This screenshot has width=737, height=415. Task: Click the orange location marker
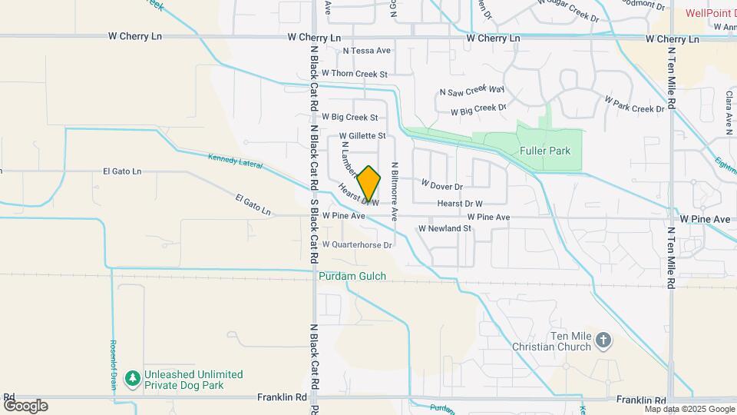pos(369,184)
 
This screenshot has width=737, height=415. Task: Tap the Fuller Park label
pos(544,151)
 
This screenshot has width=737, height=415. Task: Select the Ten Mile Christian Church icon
pos(604,340)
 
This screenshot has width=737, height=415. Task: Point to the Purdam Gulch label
pos(352,276)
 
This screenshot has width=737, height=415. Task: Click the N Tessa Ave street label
pos(367,51)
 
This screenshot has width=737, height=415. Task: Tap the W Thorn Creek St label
pos(355,74)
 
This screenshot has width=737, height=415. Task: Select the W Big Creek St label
pos(350,118)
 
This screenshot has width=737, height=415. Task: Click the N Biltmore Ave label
pos(395,191)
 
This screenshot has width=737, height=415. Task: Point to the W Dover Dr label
pos(442,186)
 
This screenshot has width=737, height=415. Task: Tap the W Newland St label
pos(444,229)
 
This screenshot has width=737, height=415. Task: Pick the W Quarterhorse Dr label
pos(357,245)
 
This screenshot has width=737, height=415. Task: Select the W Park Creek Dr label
pos(633,105)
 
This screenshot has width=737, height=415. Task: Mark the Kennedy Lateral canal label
pos(235,161)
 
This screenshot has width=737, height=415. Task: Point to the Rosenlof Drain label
pos(112,365)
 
